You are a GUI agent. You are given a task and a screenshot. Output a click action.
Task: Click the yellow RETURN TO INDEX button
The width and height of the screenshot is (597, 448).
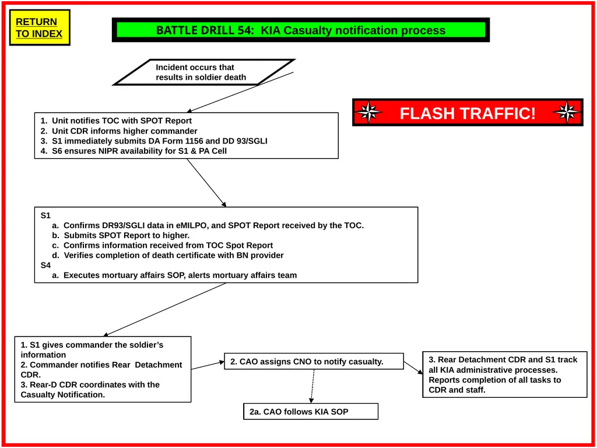pyautogui.click(x=40, y=28)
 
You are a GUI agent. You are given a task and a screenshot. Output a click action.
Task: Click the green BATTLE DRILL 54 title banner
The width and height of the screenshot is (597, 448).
pyautogui.click(x=301, y=30)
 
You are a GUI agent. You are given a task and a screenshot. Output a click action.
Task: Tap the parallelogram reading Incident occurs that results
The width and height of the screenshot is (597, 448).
pyautogui.click(x=204, y=72)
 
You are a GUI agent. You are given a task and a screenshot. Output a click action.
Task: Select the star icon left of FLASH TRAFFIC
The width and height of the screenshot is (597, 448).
pyautogui.click(x=368, y=113)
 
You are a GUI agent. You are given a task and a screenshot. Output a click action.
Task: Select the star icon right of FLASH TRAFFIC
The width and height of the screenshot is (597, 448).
pyautogui.click(x=567, y=113)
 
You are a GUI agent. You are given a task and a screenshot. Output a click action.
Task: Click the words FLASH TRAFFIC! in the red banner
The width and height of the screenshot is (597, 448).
pyautogui.click(x=468, y=113)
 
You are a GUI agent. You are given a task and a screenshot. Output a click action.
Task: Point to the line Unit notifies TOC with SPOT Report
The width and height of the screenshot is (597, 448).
pyautogui.click(x=116, y=121)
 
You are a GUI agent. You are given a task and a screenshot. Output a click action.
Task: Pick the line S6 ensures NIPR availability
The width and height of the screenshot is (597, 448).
pyautogui.click(x=134, y=151)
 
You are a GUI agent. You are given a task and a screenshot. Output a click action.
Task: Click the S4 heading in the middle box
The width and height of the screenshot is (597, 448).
pyautogui.click(x=45, y=265)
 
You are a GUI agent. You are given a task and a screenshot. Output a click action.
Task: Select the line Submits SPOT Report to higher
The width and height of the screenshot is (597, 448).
pyautogui.click(x=121, y=236)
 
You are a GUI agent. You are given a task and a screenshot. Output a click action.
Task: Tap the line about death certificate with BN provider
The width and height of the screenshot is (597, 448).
pyautogui.click(x=168, y=256)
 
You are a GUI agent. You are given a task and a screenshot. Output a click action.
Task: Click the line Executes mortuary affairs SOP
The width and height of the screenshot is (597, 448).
pyautogui.click(x=174, y=275)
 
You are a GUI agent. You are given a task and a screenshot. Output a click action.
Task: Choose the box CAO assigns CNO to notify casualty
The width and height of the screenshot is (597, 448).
pyautogui.click(x=314, y=361)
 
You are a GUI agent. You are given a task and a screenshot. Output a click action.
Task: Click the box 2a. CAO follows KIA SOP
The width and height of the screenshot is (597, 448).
pyautogui.click(x=311, y=411)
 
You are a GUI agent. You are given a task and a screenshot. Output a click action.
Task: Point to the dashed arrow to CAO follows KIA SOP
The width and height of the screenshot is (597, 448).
pyautogui.click(x=312, y=386)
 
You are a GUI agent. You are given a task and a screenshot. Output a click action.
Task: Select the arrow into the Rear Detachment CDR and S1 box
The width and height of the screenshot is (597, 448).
pyautogui.click(x=413, y=367)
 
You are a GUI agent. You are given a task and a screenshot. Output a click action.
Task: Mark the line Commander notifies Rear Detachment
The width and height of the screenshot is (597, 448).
pyautogui.click(x=101, y=369)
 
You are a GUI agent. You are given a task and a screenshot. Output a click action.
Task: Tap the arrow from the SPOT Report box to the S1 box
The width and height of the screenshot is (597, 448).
pyautogui.click(x=206, y=183)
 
